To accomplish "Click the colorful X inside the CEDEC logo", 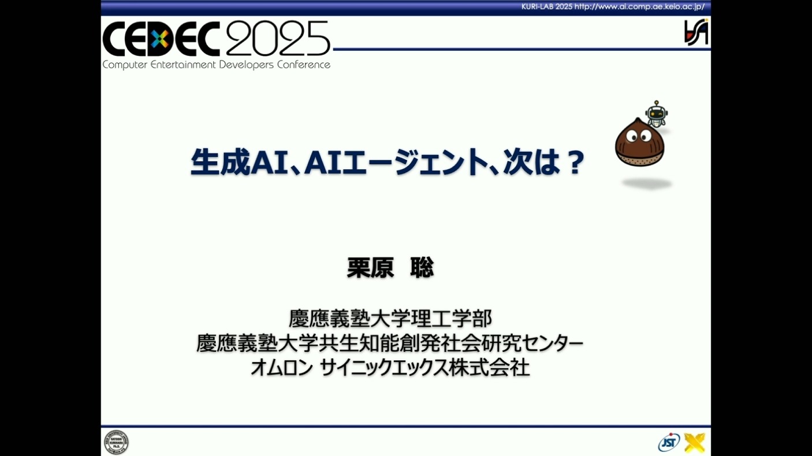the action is point(160,39).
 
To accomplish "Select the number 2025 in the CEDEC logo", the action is point(278,38).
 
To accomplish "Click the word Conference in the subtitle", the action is point(304,65).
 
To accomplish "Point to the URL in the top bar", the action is point(639,6).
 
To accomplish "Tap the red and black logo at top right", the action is point(696,32).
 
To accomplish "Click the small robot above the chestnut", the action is point(657,114).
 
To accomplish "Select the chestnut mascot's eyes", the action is point(639,136).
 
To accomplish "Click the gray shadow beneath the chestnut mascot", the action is point(647,184).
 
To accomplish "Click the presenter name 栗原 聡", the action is point(390,268).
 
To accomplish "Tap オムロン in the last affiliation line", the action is point(282,368).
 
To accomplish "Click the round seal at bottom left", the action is point(116,442).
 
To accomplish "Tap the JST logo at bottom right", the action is point(669,442).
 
